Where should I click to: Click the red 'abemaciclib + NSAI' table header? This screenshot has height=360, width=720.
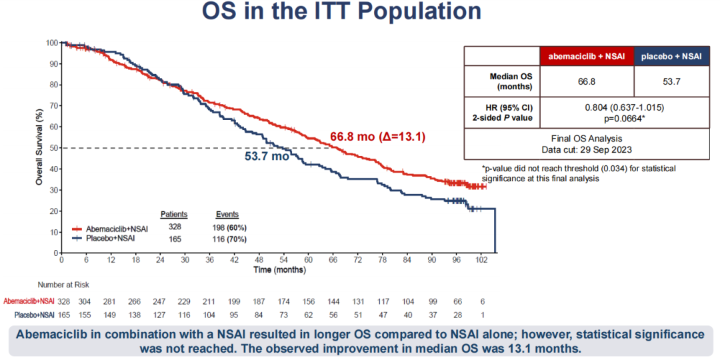587,57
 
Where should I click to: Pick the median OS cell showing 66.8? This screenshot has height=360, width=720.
587,81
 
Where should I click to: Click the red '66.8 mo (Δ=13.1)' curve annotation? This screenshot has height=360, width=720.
378,137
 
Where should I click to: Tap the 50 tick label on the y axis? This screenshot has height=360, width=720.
52,148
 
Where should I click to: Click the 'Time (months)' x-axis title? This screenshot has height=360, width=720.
279,270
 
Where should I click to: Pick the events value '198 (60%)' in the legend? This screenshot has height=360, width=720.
229,228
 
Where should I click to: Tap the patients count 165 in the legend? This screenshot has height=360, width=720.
174,238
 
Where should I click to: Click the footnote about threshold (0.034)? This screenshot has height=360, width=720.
578,173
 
